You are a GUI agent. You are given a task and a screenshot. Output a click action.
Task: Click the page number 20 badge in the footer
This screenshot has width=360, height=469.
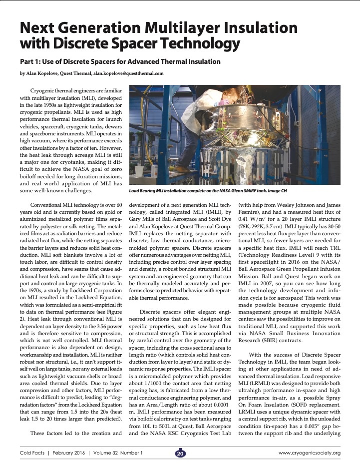click(x=180, y=454)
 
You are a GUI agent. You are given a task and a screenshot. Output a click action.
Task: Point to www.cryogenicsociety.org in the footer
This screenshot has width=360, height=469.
click(x=310, y=454)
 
